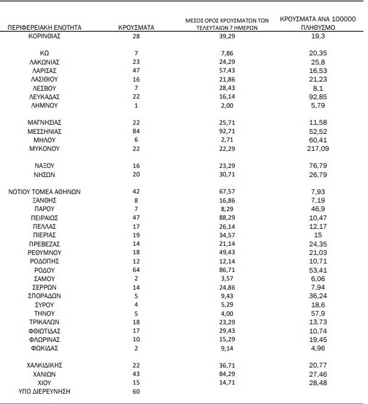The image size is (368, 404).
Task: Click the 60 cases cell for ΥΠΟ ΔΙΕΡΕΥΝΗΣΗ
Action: pyautogui.click(x=136, y=391)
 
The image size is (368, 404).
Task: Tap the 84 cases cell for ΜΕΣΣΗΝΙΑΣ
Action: pyautogui.click(x=136, y=131)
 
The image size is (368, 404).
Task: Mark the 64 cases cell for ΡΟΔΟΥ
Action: pyautogui.click(x=136, y=268)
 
